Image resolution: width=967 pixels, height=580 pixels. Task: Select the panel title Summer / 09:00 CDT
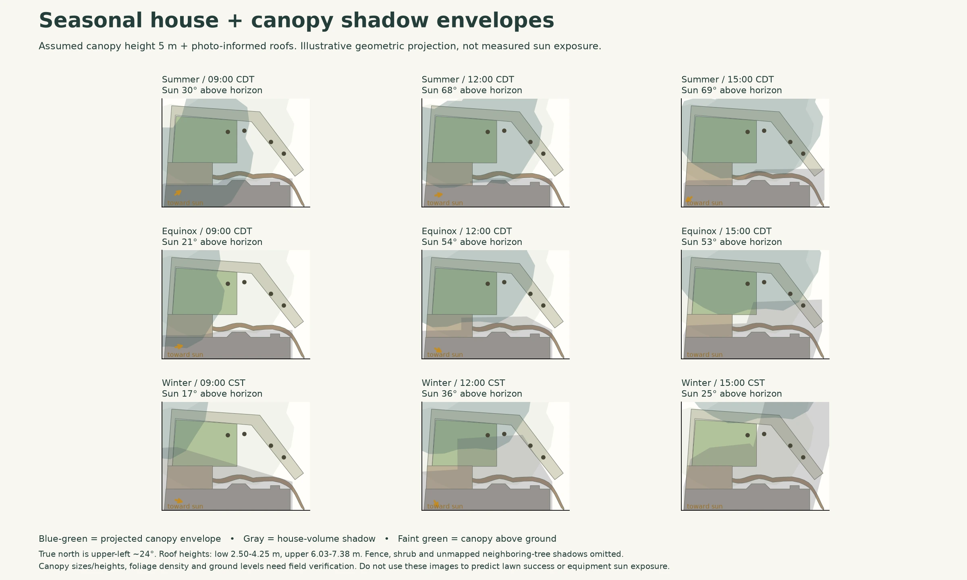point(208,79)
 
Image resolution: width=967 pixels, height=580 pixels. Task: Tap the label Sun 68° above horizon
point(472,90)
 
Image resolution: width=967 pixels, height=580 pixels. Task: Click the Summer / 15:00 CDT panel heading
point(728,79)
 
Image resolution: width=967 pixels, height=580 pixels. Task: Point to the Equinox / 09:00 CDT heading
point(207,231)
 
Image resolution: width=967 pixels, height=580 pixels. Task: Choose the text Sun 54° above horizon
point(472,242)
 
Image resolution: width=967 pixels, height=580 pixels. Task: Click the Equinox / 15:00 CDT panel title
point(726,231)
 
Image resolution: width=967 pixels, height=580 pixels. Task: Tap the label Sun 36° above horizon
point(472,394)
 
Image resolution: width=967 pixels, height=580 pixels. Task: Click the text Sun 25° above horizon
point(732,394)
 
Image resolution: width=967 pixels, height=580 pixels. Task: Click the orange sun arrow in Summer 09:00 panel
point(178,193)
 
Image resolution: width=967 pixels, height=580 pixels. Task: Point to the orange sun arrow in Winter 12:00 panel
point(436,503)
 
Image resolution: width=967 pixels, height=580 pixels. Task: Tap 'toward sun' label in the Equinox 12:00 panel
point(445,355)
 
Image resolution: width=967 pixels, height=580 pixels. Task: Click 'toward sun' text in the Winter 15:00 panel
point(705,507)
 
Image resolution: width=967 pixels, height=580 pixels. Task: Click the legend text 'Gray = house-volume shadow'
point(309,539)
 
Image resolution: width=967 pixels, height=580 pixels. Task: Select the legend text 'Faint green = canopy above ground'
point(477,539)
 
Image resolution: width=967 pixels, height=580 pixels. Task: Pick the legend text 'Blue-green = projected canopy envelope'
point(130,539)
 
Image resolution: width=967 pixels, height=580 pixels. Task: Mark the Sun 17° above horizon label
point(212,394)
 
